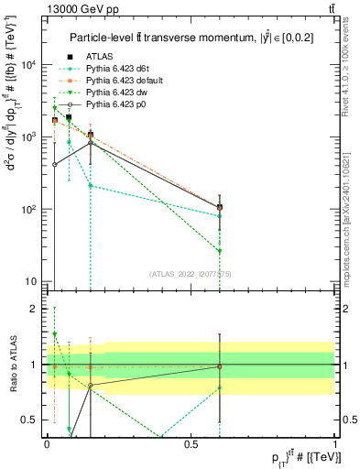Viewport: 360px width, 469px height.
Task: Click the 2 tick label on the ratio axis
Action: click(x=33, y=309)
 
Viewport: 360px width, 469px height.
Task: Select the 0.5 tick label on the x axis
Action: click(x=191, y=443)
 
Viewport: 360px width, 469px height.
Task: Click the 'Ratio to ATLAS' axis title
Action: click(x=11, y=366)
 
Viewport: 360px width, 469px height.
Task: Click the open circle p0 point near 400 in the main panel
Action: click(x=55, y=164)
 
